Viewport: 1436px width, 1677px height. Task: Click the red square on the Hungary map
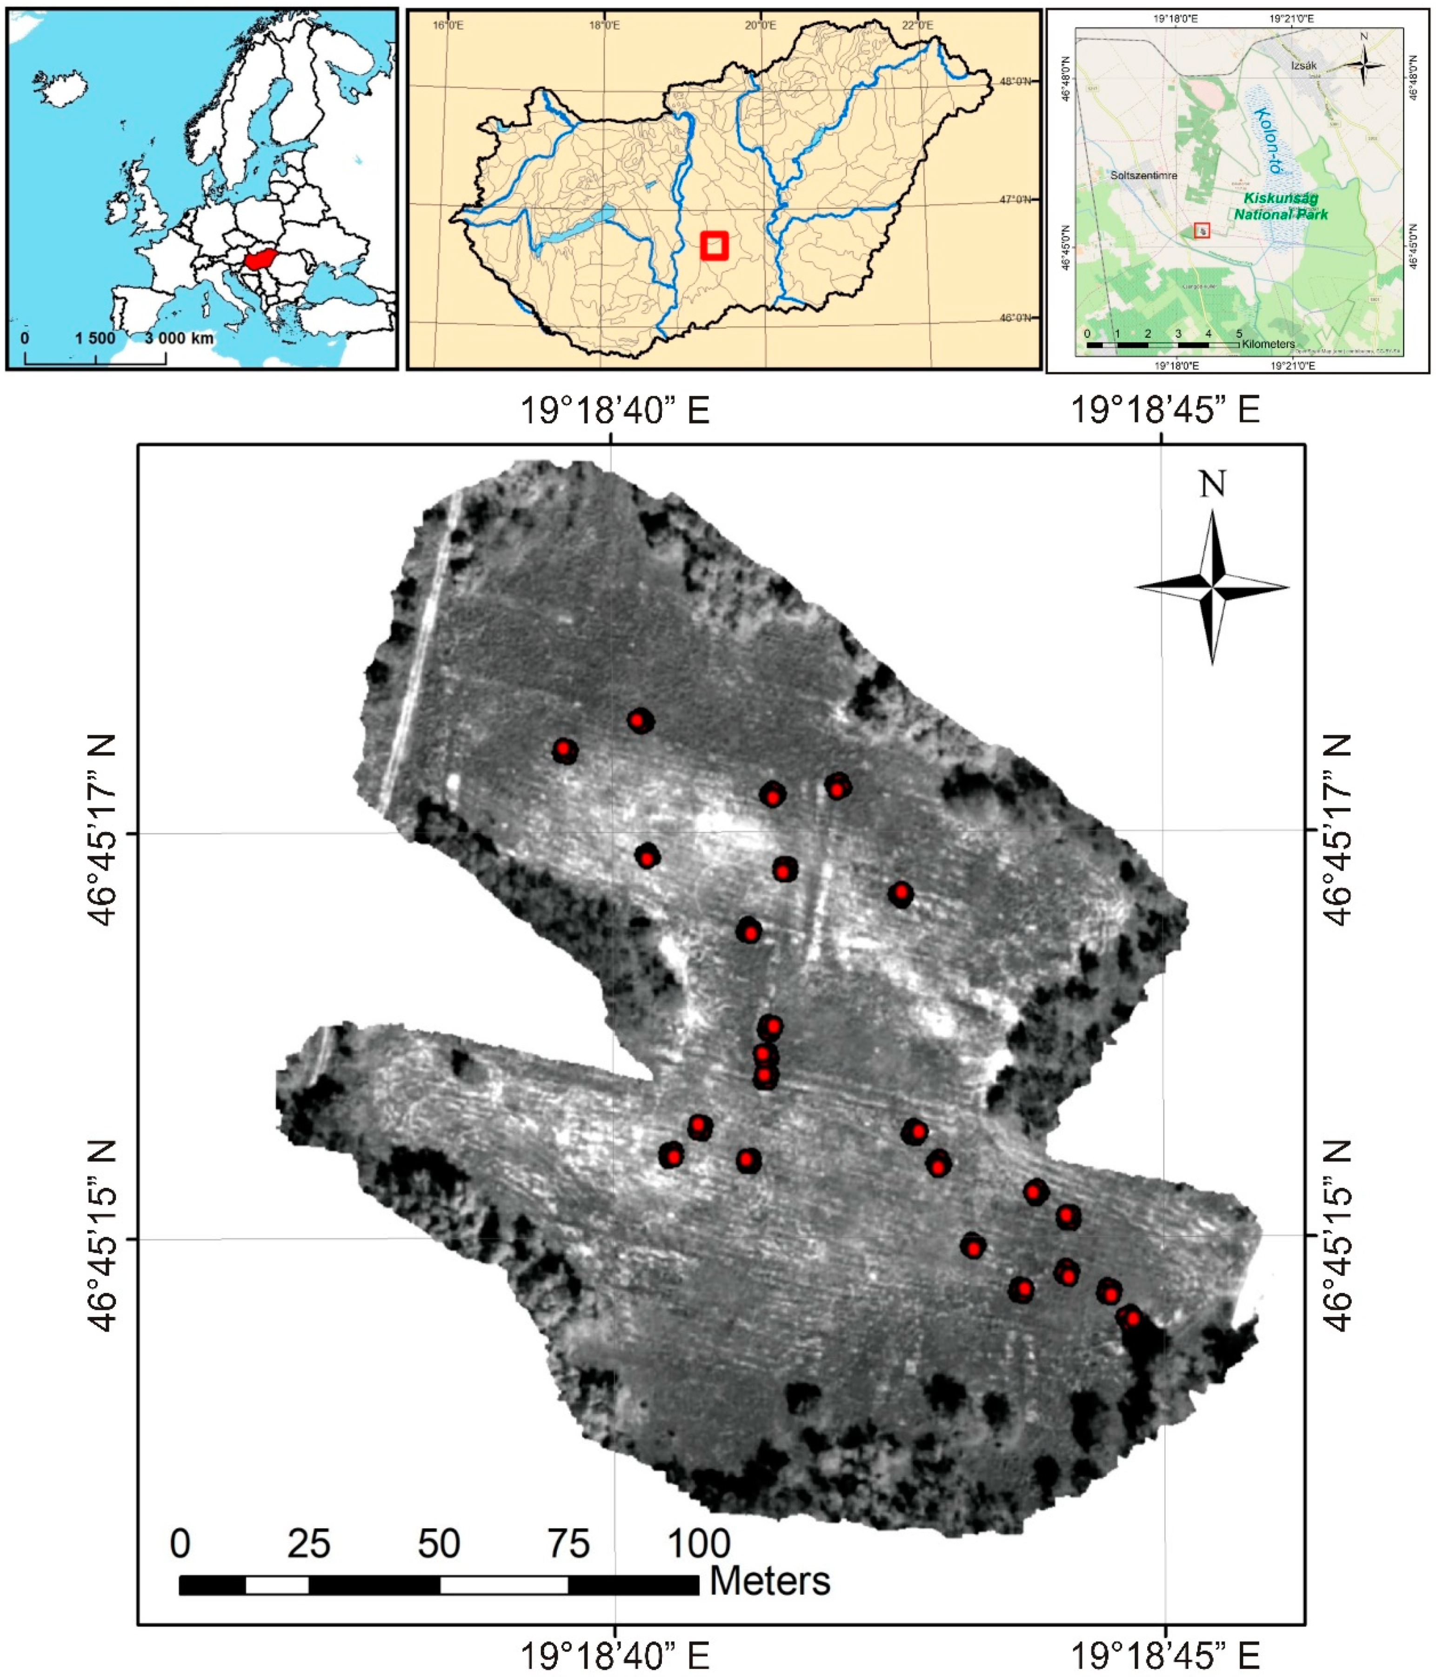[x=714, y=245]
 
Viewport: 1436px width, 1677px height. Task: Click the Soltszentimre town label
[x=1143, y=175]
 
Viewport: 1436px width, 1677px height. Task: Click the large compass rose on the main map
[x=1212, y=587]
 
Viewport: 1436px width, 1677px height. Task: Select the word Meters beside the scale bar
[x=770, y=1581]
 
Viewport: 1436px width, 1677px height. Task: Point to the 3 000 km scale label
[x=179, y=338]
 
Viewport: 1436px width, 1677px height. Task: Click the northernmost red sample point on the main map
[x=639, y=720]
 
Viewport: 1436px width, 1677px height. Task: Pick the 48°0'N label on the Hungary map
[x=1015, y=82]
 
